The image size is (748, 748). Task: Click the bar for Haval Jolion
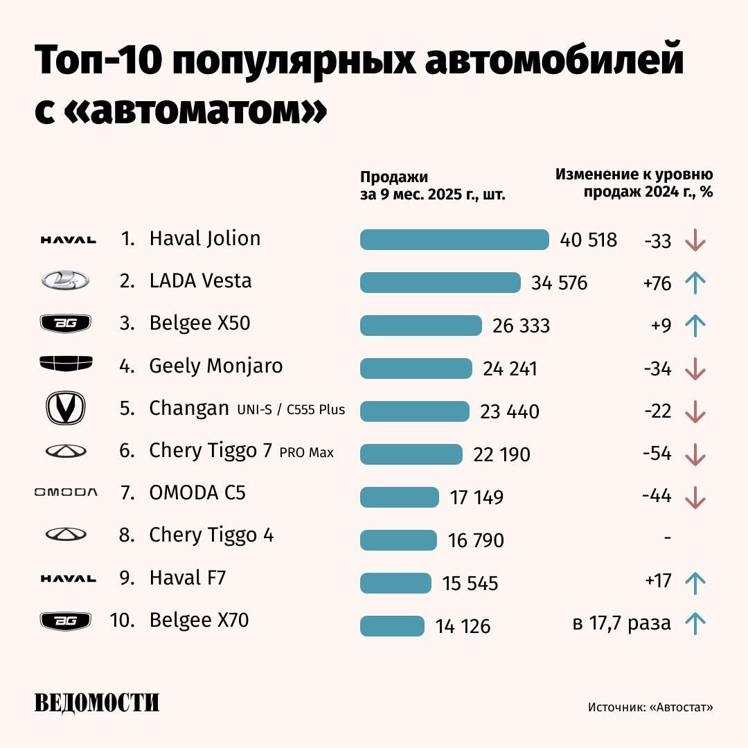tap(454, 240)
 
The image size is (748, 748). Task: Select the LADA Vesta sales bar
tap(440, 283)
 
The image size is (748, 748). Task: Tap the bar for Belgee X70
tap(392, 625)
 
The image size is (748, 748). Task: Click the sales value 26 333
tap(521, 326)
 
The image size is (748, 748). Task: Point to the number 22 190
tap(501, 454)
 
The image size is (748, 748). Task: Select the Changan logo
tap(65, 408)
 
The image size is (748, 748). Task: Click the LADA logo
tap(65, 280)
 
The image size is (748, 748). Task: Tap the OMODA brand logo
tap(66, 492)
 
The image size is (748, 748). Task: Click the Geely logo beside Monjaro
tap(66, 364)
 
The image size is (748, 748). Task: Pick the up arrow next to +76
tap(694, 283)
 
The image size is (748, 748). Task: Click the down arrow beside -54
tap(694, 454)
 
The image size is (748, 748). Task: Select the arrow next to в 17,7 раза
tap(694, 623)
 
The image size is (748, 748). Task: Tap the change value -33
tap(657, 240)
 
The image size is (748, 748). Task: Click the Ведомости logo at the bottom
tap(97, 702)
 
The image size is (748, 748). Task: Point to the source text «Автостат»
tap(682, 707)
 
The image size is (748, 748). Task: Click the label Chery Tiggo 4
tap(211, 535)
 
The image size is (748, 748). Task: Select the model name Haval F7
tap(188, 578)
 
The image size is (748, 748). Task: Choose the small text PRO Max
tap(307, 453)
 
